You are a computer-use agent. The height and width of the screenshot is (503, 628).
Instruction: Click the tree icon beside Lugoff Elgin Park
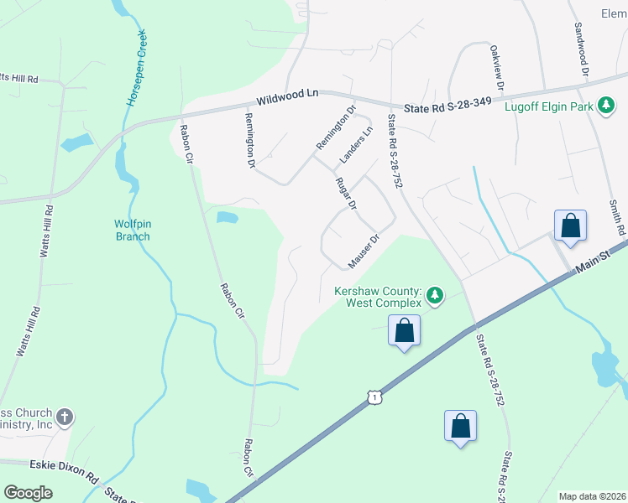pyautogui.click(x=606, y=106)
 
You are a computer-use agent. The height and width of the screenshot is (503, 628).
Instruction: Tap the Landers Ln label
pyautogui.click(x=354, y=145)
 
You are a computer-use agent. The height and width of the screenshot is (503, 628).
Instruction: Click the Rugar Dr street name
pyautogui.click(x=346, y=194)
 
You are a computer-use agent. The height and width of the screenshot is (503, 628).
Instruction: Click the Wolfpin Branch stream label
pyautogui.click(x=133, y=230)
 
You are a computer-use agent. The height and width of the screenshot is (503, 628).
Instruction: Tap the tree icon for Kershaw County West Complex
pyautogui.click(x=434, y=295)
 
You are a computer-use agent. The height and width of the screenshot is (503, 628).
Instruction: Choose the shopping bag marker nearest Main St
pyautogui.click(x=570, y=226)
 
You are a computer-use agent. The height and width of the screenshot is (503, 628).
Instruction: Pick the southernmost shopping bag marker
pyautogui.click(x=460, y=426)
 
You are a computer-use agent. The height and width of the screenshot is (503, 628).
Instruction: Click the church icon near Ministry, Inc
pyautogui.click(x=64, y=417)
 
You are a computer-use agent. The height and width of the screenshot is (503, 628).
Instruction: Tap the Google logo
pyautogui.click(x=29, y=493)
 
